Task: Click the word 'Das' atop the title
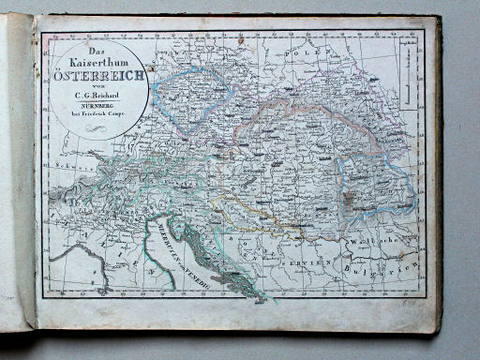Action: click(94, 48)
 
